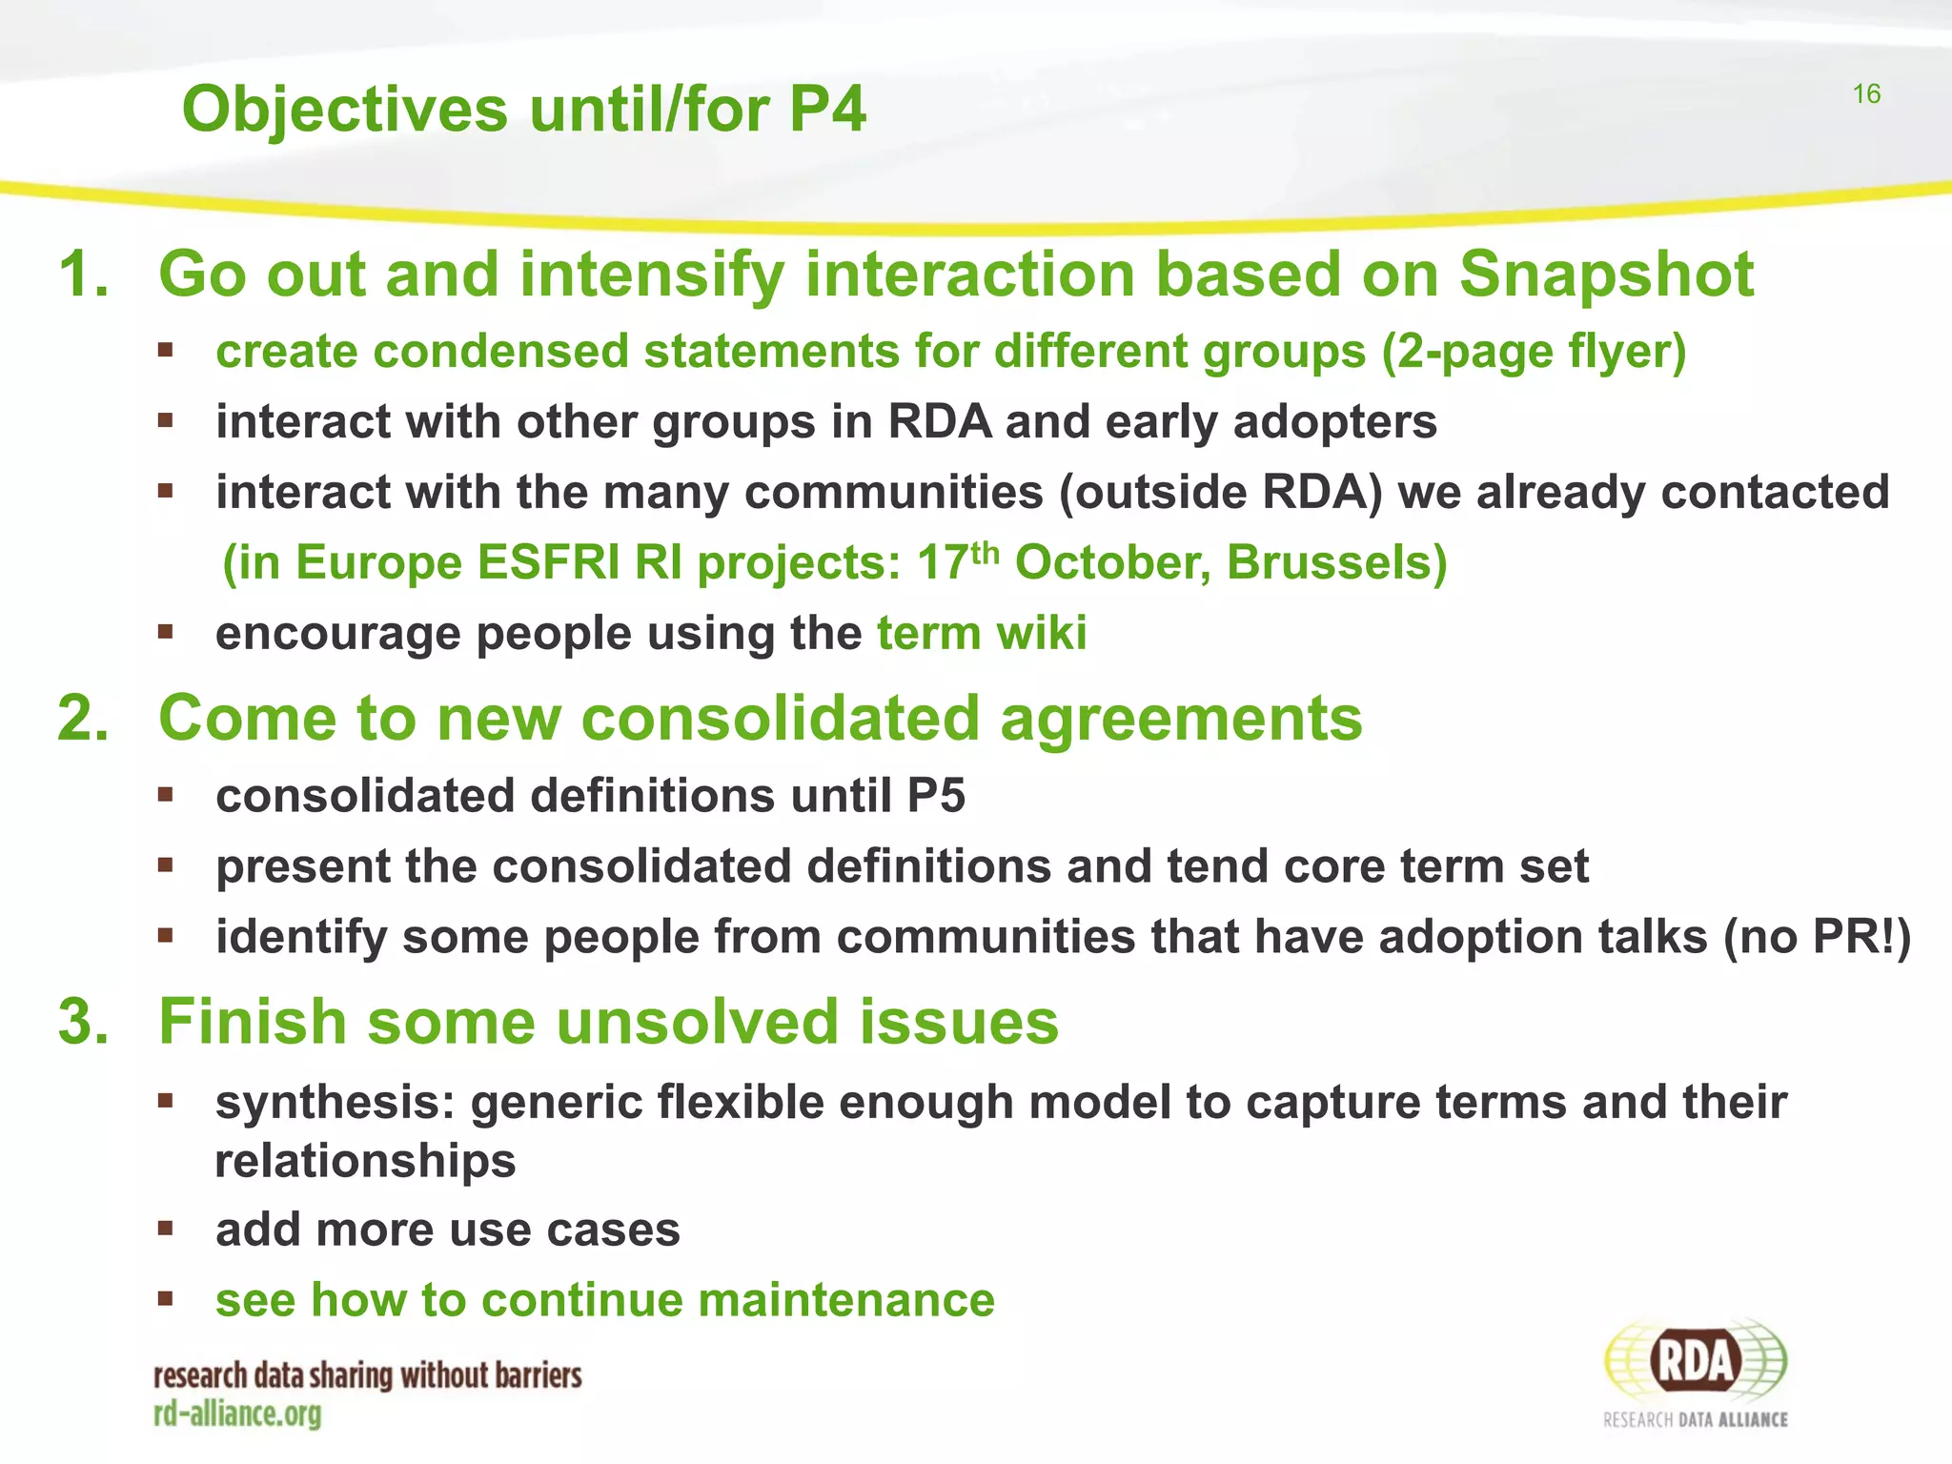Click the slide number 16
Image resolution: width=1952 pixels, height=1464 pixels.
[x=1866, y=93]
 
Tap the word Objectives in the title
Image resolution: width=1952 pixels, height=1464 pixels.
[x=345, y=111]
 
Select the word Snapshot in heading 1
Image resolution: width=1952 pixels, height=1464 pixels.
[x=1606, y=275]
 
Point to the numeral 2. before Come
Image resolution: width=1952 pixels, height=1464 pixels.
[x=83, y=718]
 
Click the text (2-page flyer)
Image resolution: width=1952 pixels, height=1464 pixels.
[x=1534, y=352]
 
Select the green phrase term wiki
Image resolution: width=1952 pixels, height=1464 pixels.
[x=982, y=634]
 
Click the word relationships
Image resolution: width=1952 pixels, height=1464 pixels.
[x=365, y=1162]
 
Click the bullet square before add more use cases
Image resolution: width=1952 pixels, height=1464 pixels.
[x=166, y=1229]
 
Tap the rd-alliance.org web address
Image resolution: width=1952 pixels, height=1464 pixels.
[x=237, y=1414]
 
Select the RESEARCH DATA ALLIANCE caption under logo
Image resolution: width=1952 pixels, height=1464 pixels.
[x=1695, y=1420]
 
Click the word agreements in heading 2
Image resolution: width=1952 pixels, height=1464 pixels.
[x=1181, y=718]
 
